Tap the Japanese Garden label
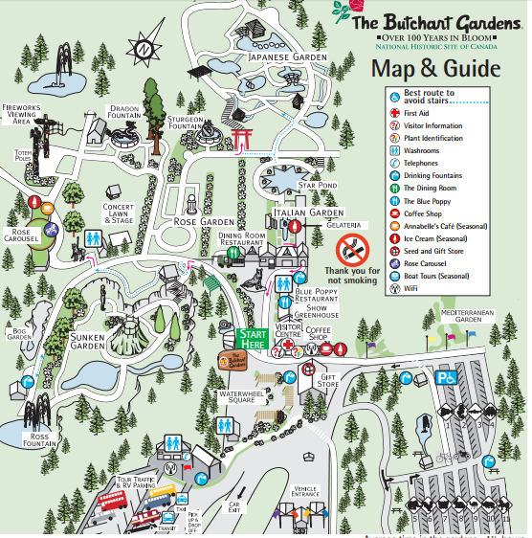point(282,58)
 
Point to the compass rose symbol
point(144,48)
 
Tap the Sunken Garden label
point(87,342)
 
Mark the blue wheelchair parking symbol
point(447,378)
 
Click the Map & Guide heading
point(435,69)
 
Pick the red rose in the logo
point(342,11)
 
